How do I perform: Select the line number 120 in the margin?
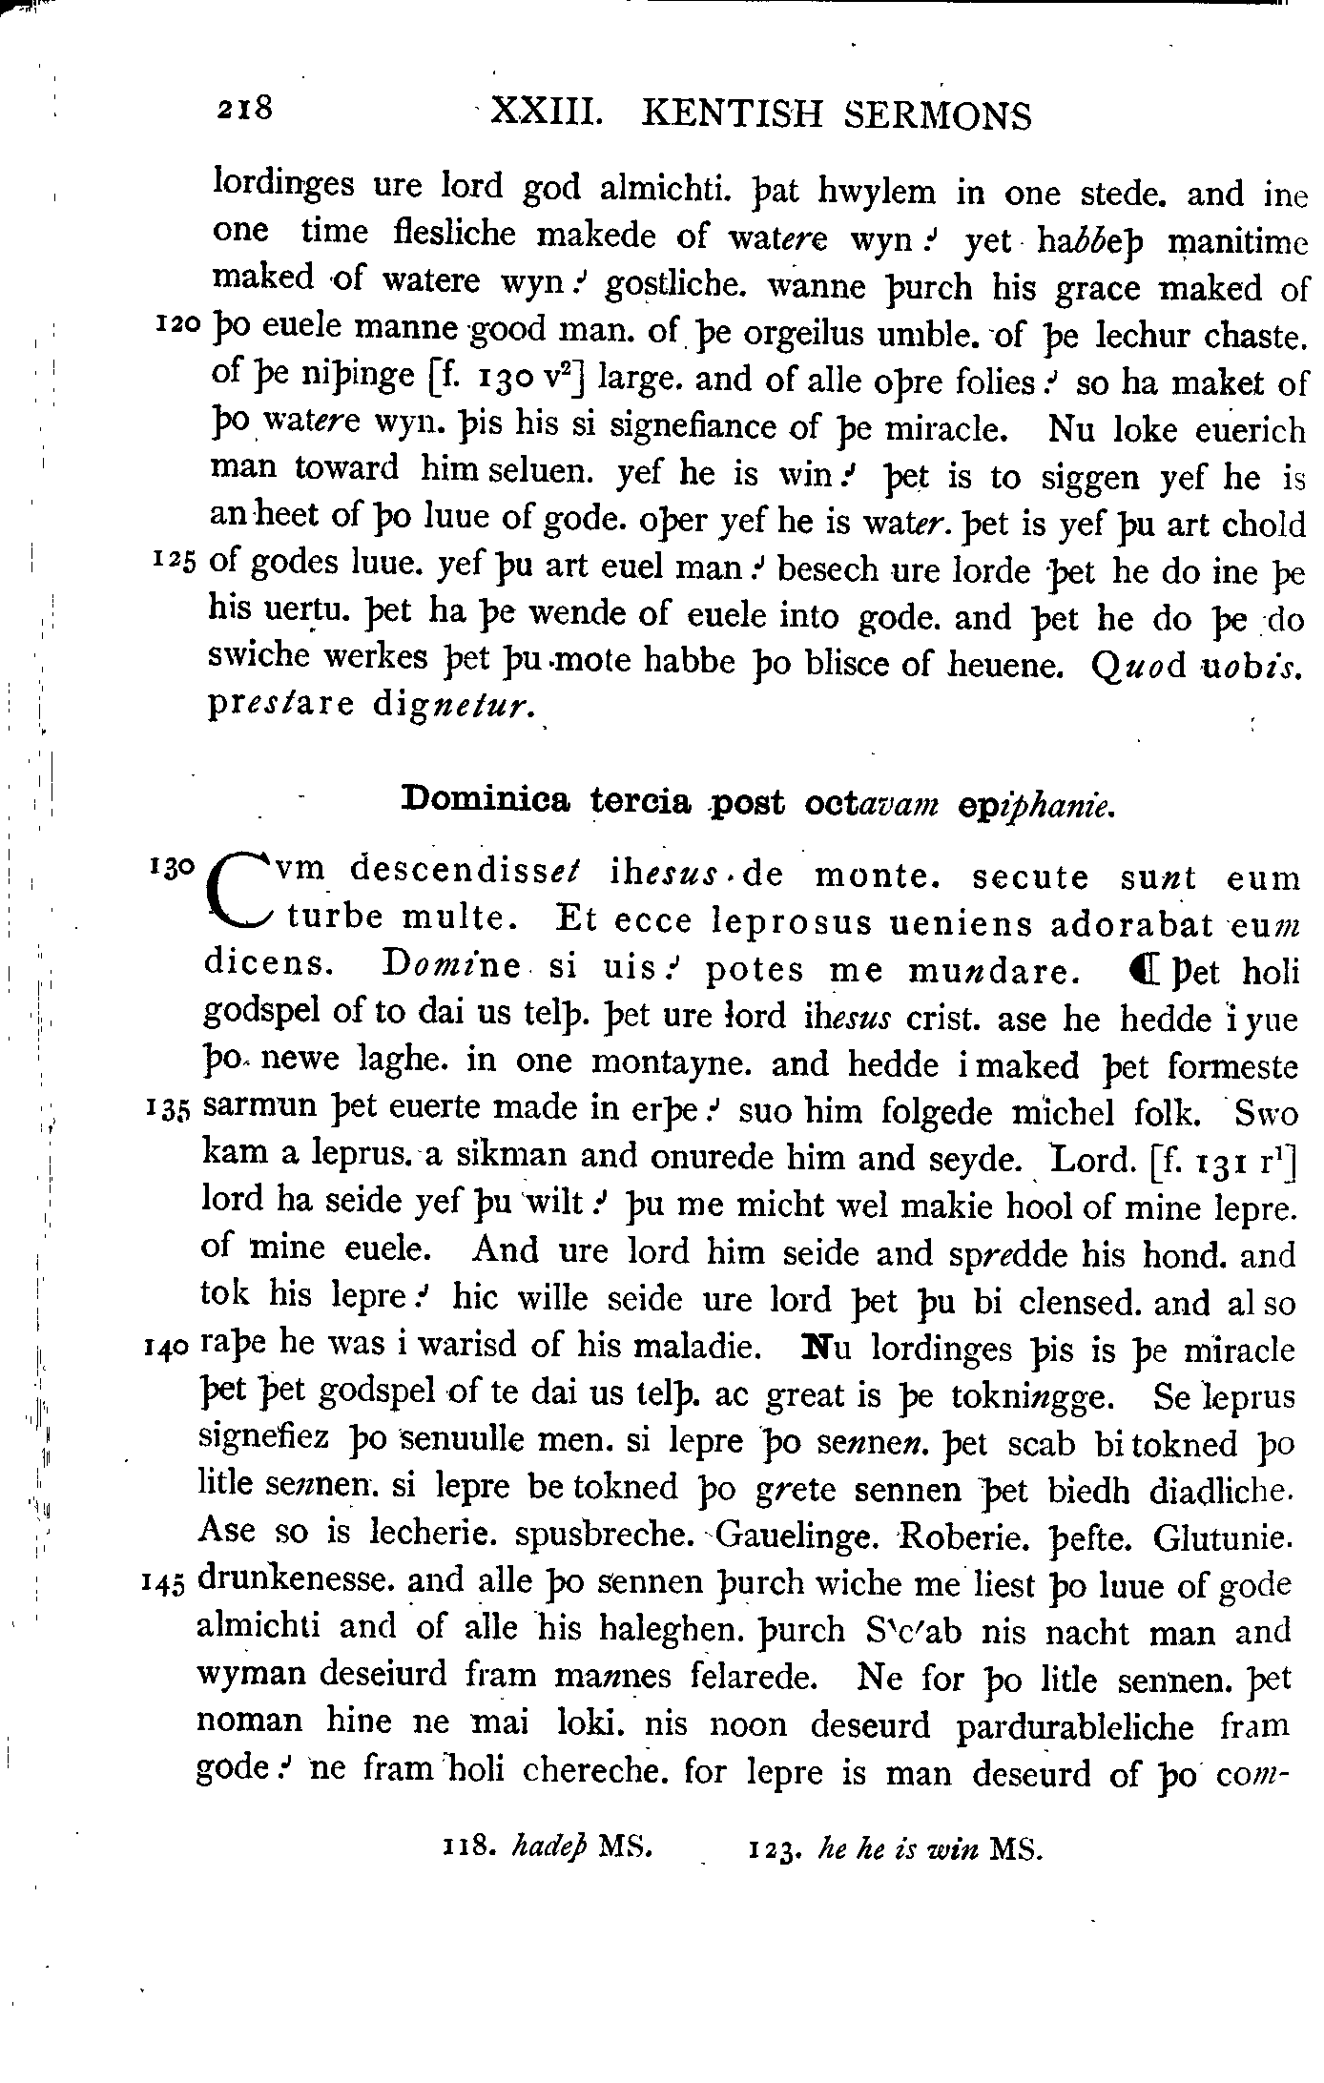tap(176, 326)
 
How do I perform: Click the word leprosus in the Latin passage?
tap(793, 922)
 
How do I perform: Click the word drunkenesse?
tap(295, 1581)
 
